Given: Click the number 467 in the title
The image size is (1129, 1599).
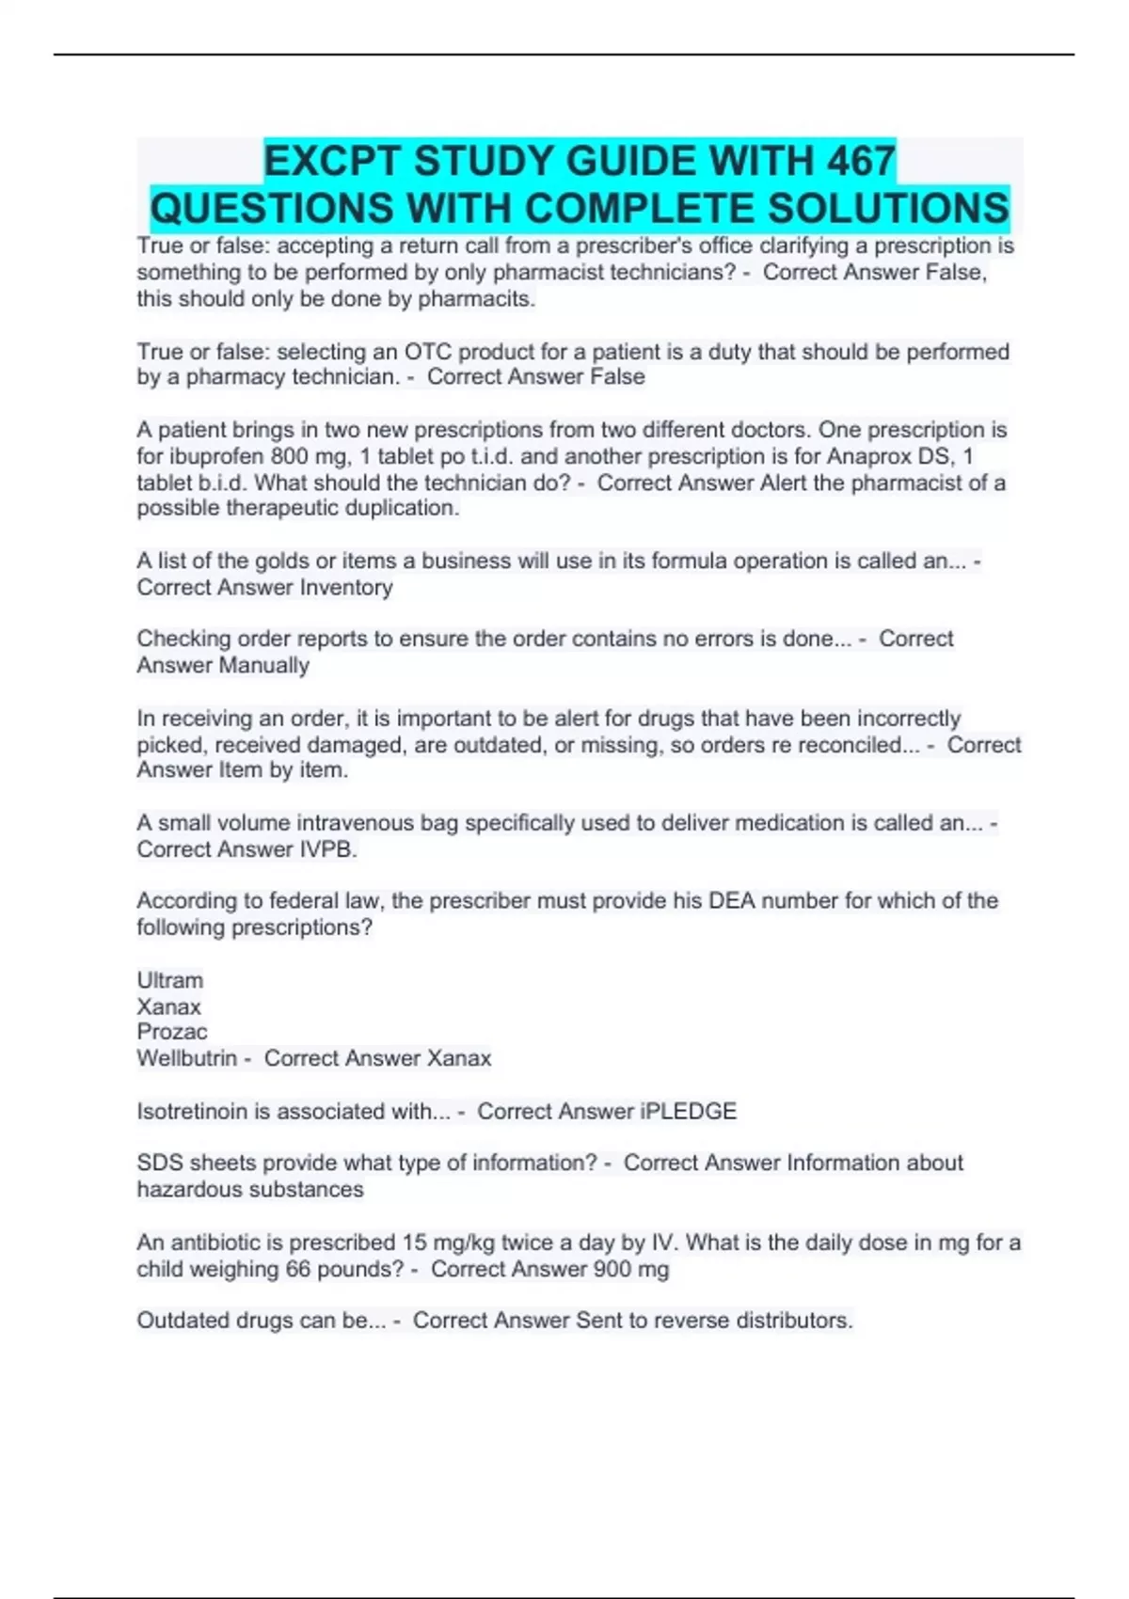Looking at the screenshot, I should pos(860,161).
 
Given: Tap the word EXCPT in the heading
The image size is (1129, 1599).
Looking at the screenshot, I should pos(332,161).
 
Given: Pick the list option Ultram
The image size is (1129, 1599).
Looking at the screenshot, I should pos(170,980).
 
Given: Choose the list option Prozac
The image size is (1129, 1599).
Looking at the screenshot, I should pos(172,1032).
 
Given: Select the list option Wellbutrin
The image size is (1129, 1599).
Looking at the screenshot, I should pos(187,1058).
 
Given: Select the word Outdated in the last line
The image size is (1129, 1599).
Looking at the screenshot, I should pos(180,1320).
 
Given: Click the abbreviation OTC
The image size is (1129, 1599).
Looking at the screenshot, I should pos(428,352).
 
